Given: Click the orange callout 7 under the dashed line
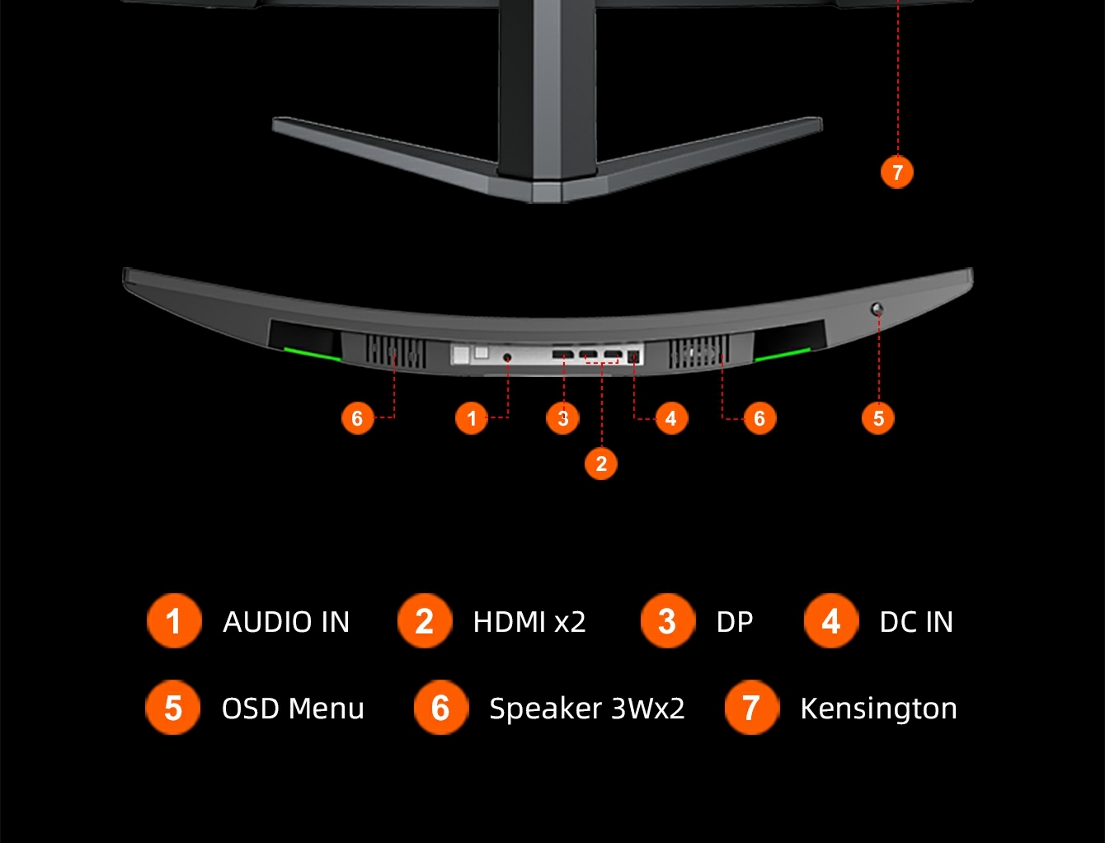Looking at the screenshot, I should (897, 172).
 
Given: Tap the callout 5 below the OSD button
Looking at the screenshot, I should (878, 418).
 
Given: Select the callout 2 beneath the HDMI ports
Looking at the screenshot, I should (601, 464).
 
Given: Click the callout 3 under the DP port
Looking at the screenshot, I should (563, 418).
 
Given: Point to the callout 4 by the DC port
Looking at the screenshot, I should (670, 418).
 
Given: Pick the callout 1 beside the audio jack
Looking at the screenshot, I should (472, 418).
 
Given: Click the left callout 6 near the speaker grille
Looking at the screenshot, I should (357, 418).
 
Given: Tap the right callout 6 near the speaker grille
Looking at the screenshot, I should (759, 418).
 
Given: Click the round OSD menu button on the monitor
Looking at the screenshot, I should (877, 309).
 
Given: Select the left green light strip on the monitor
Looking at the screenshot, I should (313, 354).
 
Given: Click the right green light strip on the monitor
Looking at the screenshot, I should (782, 355).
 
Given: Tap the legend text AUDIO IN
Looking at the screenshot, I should (286, 622).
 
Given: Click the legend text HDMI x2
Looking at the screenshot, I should (529, 622).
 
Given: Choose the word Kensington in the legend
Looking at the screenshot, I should (878, 709).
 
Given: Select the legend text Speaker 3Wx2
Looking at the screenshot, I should (586, 709).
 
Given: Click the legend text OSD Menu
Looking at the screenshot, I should (293, 709).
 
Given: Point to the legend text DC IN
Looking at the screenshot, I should (916, 622).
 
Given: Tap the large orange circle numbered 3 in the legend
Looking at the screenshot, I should (667, 621).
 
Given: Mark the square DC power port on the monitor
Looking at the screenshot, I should (633, 357).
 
